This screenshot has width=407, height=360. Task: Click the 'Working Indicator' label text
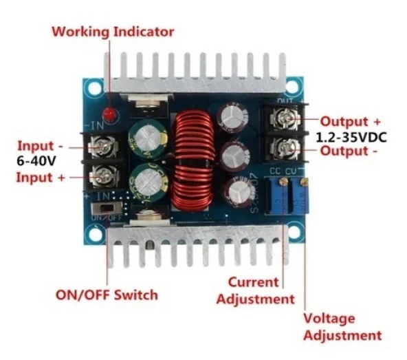pyautogui.click(x=113, y=32)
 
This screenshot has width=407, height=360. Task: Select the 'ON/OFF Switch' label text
pyautogui.click(x=107, y=295)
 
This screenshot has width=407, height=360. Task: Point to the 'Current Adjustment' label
pyautogui.click(x=255, y=290)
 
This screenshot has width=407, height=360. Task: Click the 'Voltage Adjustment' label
pyautogui.click(x=342, y=327)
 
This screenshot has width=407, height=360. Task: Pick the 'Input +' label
pyautogui.click(x=42, y=178)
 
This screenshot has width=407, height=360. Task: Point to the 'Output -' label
pyautogui.click(x=349, y=151)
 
